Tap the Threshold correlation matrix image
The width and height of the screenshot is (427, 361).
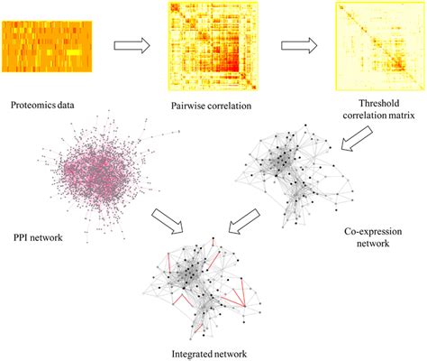[379, 45]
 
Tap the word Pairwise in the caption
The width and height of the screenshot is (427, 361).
[190, 106]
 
